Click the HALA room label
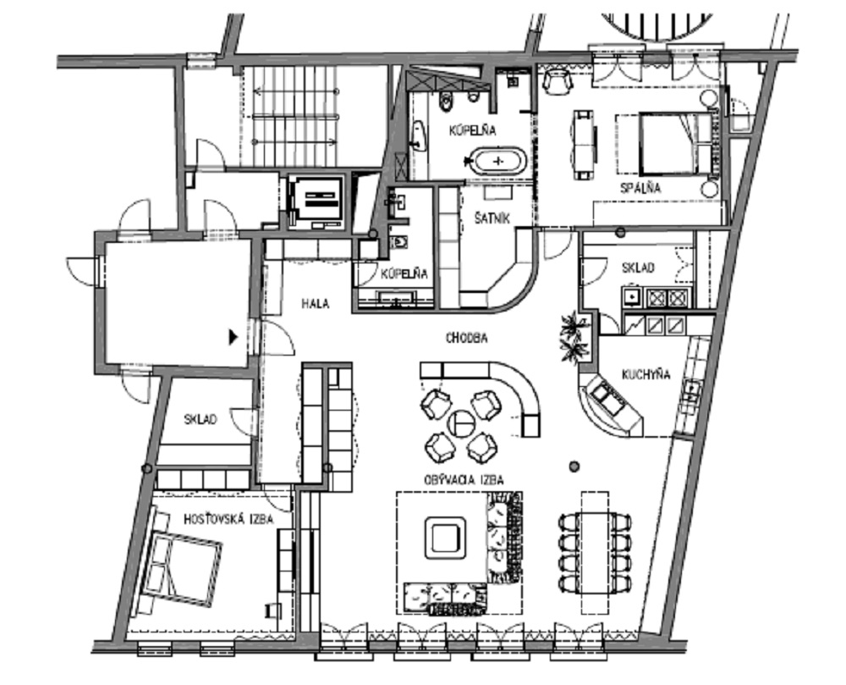pyautogui.click(x=315, y=303)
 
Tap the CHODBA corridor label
pyautogui.click(x=467, y=338)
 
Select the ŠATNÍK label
pyautogui.click(x=492, y=218)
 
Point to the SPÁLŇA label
pyautogui.click(x=640, y=188)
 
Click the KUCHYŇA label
pyautogui.click(x=645, y=374)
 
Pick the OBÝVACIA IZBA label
pyautogui.click(x=464, y=480)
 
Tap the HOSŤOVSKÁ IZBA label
pyautogui.click(x=228, y=519)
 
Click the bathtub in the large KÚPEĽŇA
pyautogui.click(x=498, y=161)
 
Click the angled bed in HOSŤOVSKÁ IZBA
pyautogui.click(x=180, y=566)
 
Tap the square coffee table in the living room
pyautogui.click(x=445, y=537)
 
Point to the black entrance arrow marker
pyautogui.click(x=233, y=337)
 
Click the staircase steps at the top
pyautogui.click(x=295, y=116)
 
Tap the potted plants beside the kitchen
pyautogui.click(x=574, y=337)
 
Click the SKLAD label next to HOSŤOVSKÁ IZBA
pyautogui.click(x=201, y=419)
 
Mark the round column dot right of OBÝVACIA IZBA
pyautogui.click(x=574, y=467)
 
